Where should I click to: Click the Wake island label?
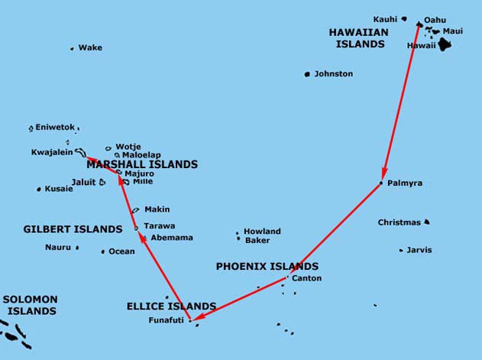pos(90,48)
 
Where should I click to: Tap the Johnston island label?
pos(333,74)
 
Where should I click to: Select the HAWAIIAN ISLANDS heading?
pos(358,38)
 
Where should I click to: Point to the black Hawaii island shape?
pos(443,45)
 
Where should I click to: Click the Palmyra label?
pos(405,183)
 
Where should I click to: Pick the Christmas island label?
pos(399,222)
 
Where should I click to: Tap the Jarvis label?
pos(419,250)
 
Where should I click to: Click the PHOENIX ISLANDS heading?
pos(267,267)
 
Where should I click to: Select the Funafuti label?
pos(167,320)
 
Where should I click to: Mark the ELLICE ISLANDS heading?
pos(171,306)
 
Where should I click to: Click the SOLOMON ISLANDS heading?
pos(31,305)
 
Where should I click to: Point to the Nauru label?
pos(57,247)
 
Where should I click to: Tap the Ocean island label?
pos(121,251)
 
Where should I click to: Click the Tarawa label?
pos(159,226)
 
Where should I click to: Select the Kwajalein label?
pos(51,152)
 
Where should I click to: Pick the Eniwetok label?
pos(54,128)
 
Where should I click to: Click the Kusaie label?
pos(59,189)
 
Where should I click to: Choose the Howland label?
pos(262,232)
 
